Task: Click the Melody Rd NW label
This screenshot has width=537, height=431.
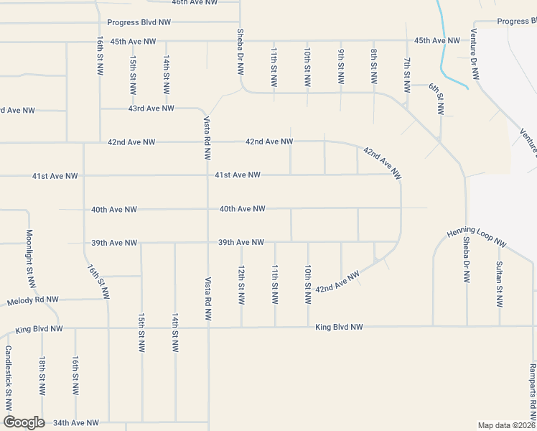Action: [42, 300]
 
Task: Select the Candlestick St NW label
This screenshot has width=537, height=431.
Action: [8, 379]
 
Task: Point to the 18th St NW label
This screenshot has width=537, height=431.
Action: [42, 376]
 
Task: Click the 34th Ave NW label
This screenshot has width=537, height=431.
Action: [75, 423]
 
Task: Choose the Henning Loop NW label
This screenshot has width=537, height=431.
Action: [477, 238]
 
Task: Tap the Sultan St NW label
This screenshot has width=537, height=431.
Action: [500, 284]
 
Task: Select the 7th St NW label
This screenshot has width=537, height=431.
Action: [407, 75]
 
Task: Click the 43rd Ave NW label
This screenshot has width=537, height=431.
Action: [151, 108]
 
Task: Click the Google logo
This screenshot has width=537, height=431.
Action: [24, 422]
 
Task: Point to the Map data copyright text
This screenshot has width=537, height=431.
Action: [506, 425]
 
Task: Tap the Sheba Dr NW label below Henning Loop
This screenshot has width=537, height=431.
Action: [467, 260]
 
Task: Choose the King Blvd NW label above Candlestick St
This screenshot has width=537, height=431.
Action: [39, 329]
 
